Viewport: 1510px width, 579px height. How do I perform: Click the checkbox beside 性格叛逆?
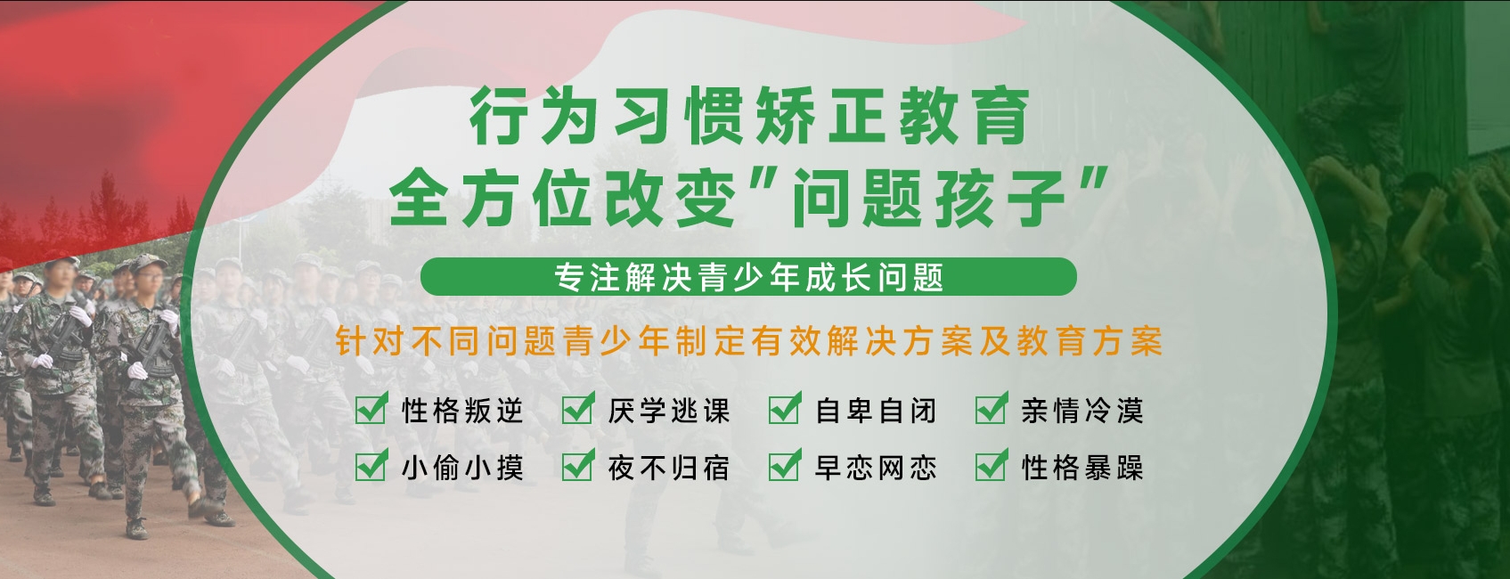(x=371, y=409)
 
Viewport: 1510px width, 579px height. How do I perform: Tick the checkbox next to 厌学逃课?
(x=577, y=409)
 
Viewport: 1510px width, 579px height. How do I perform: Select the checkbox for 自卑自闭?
(x=785, y=409)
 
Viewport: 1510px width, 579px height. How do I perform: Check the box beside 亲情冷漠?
(x=992, y=409)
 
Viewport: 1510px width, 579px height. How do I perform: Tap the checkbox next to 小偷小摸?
(x=371, y=465)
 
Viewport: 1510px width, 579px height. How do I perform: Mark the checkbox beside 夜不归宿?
(x=577, y=465)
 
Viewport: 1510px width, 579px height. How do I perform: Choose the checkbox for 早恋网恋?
(x=785, y=465)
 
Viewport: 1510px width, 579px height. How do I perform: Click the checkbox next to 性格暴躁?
(x=992, y=465)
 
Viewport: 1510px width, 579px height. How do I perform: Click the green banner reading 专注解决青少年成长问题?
(x=748, y=276)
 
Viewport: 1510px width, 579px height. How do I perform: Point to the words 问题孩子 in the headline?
(x=931, y=198)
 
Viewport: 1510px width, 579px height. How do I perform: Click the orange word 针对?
(x=368, y=342)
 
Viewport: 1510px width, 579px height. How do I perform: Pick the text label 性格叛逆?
(x=462, y=411)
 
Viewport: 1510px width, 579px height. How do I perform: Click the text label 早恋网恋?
(x=876, y=467)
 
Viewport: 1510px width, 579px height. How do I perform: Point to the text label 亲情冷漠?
(x=1082, y=411)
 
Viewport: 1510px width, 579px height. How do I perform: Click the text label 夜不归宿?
(x=669, y=467)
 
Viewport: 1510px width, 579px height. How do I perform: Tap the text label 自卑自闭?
(x=876, y=411)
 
